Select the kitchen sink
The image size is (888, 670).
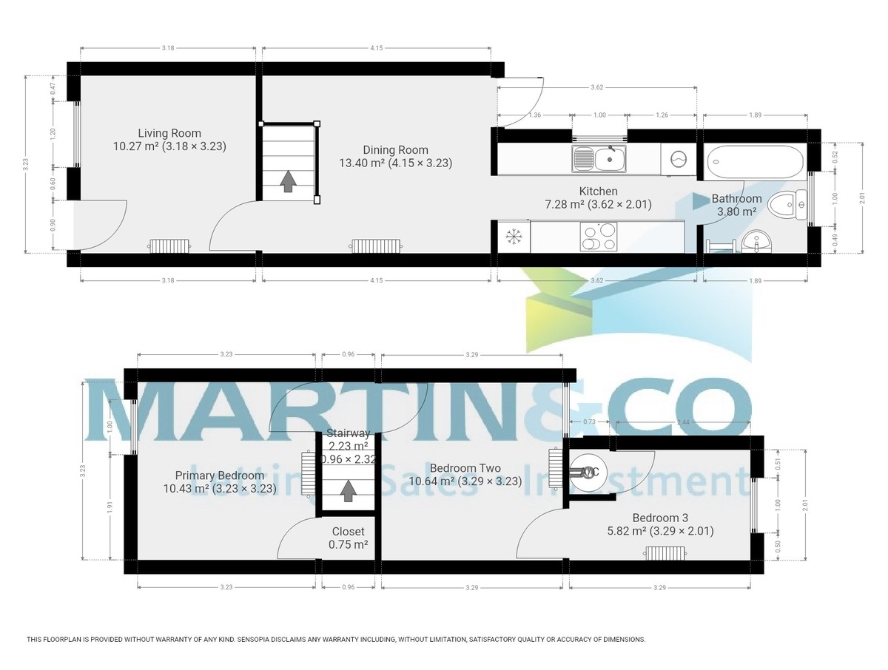tap(599, 158)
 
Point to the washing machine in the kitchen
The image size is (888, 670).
tap(679, 158)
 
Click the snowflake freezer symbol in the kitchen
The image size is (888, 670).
tap(514, 237)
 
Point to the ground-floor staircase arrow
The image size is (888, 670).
tap(288, 180)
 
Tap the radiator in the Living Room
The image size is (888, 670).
tap(170, 245)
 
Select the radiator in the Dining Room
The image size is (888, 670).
tap(376, 245)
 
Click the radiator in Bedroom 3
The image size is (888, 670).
tap(667, 552)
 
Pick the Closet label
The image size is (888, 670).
tap(348, 531)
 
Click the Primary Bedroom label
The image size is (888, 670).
tap(219, 476)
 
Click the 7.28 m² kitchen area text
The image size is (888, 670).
tap(562, 204)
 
